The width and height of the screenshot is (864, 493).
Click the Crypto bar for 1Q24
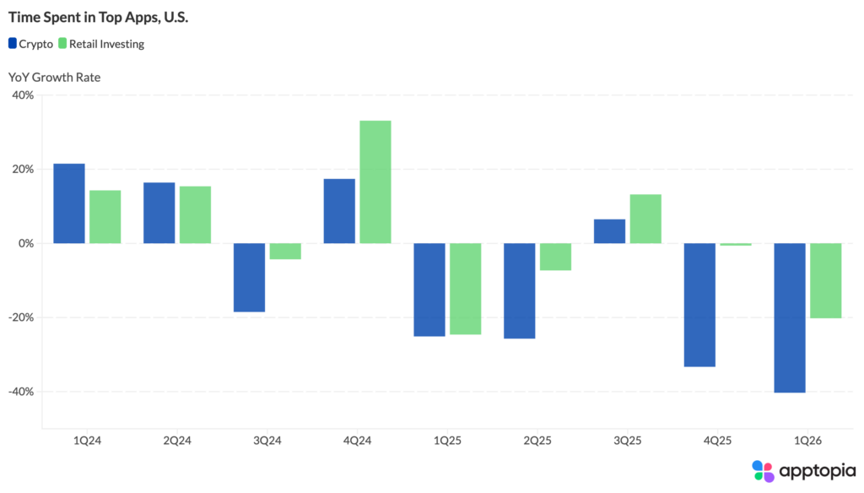coord(68,203)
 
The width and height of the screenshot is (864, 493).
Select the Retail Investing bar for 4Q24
coord(375,181)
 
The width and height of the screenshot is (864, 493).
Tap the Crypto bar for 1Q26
coord(790,317)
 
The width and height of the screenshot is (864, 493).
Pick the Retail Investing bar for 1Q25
coord(465,289)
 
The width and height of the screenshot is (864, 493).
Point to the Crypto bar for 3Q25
coord(609,231)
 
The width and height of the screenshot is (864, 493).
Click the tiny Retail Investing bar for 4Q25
coord(736,244)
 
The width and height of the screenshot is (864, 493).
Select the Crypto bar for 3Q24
coord(249,277)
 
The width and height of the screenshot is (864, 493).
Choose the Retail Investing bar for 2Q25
coord(555,257)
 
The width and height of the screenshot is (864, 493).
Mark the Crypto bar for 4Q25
coord(699,305)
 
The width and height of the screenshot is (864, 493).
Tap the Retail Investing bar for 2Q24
coord(195,214)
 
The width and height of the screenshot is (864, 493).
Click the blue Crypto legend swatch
coord(13,44)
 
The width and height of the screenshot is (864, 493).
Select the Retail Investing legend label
coord(108,44)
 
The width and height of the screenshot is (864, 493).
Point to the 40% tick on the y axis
coord(22,95)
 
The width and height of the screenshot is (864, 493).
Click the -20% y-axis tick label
coord(19,317)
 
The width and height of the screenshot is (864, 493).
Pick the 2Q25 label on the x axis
coord(537,440)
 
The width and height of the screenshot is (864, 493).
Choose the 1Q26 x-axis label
coord(807,440)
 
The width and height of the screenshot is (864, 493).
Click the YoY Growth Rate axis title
coord(54,78)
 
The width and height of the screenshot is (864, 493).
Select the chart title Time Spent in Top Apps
coord(98,17)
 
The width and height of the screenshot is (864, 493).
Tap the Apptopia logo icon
coord(763,471)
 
